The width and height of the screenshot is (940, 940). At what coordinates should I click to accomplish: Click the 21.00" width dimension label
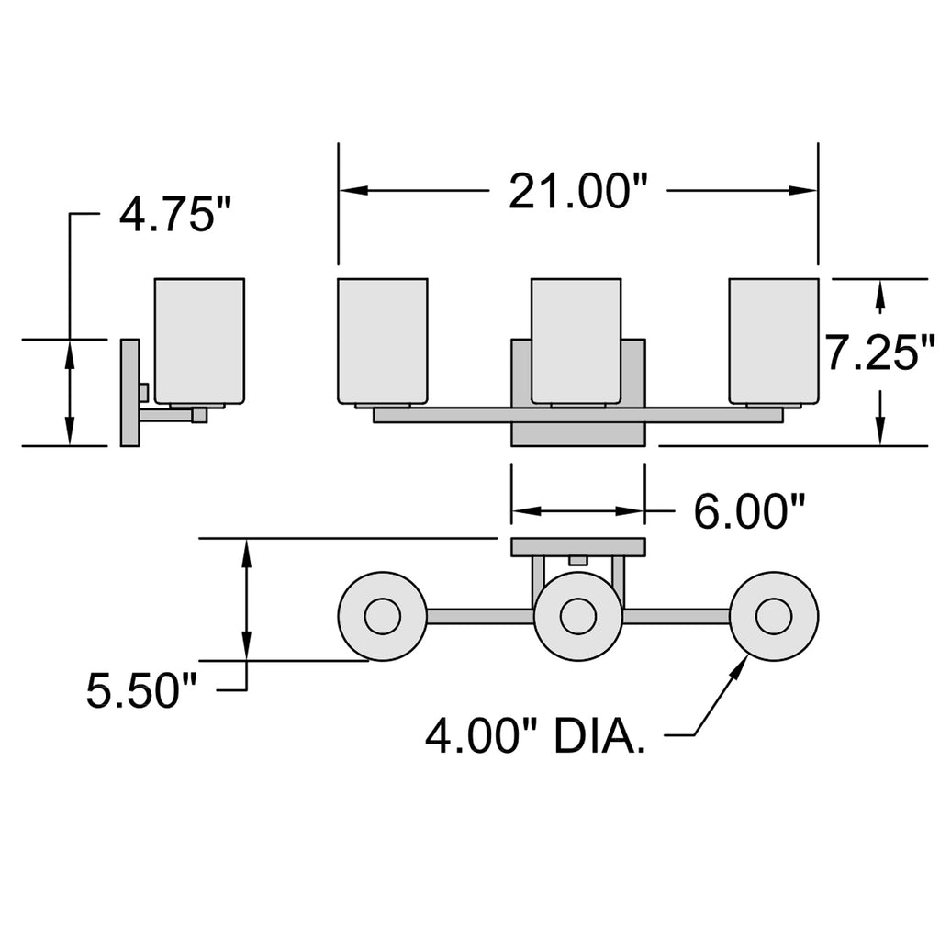(x=578, y=191)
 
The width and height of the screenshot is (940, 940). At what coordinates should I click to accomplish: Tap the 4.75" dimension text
(x=174, y=215)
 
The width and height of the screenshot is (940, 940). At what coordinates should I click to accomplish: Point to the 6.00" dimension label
(x=749, y=511)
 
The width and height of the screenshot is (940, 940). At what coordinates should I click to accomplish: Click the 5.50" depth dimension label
(x=141, y=690)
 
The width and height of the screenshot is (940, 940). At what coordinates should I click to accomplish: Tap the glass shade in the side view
(x=199, y=341)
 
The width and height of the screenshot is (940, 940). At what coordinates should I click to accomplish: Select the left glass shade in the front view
(x=383, y=341)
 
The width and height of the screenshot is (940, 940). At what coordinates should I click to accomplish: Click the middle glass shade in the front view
(x=576, y=341)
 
